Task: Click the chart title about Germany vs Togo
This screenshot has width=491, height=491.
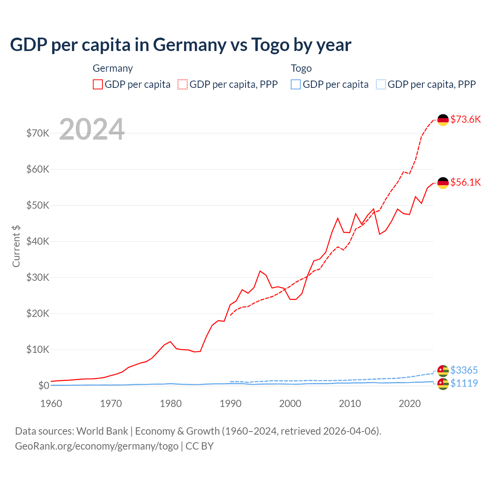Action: coord(180,44)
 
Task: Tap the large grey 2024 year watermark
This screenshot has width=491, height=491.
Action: coord(92,129)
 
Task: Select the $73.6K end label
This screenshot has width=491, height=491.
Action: coord(465,119)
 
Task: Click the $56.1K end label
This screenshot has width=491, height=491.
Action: coord(465,182)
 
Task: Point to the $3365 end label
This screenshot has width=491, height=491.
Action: coord(464,370)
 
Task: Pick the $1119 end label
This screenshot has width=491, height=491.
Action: coord(464,383)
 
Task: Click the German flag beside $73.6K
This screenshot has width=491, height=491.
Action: coord(443,120)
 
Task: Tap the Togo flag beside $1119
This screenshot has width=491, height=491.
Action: coord(443,384)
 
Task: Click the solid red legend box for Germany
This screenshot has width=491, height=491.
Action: coord(98,84)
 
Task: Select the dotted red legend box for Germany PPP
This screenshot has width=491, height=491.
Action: coord(183,84)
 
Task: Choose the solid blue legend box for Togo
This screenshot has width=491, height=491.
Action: coord(296,84)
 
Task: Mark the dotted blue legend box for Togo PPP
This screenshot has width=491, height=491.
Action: coord(381,84)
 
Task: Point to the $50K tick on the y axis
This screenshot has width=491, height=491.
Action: coord(38,205)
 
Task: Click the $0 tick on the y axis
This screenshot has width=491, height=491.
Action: coord(43,386)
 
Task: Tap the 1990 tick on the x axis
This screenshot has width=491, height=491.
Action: coord(231,404)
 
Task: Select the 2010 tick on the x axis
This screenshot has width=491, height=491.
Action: coord(350,404)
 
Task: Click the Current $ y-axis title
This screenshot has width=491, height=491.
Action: coord(16,246)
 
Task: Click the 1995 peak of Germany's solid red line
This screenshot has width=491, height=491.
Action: coord(260,271)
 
